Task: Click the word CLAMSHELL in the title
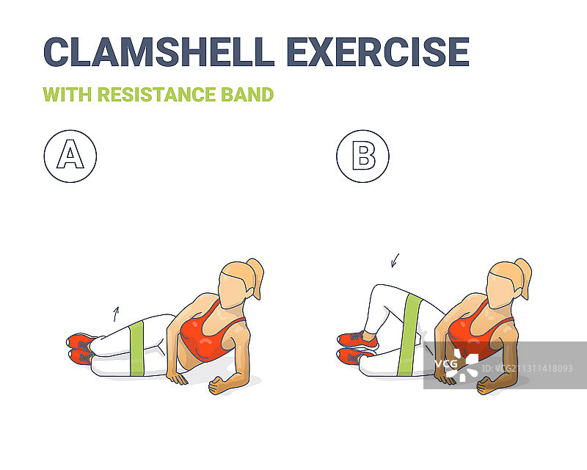(x=159, y=51)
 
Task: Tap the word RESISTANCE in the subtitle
(x=156, y=95)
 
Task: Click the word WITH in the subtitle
(x=68, y=95)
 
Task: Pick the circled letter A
(x=70, y=156)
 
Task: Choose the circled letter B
(x=362, y=156)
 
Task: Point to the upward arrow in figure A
(x=116, y=314)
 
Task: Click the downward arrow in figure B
(x=395, y=261)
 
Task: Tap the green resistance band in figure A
(x=137, y=349)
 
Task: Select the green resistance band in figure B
(x=410, y=334)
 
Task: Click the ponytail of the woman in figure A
(x=255, y=277)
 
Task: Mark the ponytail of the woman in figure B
(x=524, y=277)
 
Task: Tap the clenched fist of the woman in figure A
(x=216, y=386)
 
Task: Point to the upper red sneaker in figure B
(x=357, y=339)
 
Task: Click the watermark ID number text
(x=527, y=369)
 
